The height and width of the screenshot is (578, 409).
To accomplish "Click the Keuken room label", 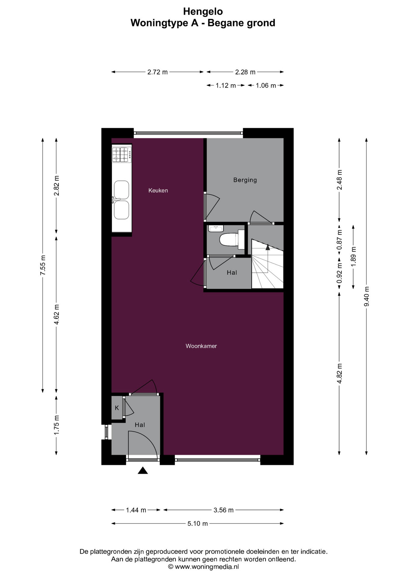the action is (158, 190).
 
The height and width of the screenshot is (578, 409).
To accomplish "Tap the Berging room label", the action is (245, 180).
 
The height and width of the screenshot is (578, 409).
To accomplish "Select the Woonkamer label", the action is (201, 346).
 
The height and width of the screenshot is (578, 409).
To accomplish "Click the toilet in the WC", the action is (232, 240).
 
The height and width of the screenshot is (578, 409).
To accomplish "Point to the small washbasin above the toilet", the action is (216, 228).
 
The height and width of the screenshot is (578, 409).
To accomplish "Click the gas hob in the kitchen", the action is (122, 155).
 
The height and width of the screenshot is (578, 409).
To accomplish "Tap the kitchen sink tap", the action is (115, 199).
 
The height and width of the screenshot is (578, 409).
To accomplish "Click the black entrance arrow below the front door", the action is (143, 470).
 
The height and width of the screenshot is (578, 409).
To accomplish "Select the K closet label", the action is (117, 408).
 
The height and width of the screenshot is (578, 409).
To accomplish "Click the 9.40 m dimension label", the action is (367, 296).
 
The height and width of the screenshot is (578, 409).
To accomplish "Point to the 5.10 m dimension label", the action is (198, 524).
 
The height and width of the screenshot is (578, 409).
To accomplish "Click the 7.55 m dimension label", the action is (43, 265).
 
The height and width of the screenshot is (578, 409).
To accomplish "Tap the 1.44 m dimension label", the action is (136, 510).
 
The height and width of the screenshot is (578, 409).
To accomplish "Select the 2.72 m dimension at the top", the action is (158, 72).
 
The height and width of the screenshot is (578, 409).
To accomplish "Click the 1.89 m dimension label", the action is (354, 256).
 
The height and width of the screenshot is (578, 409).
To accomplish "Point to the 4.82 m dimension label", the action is (339, 373).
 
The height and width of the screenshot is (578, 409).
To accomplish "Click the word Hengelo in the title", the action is (203, 11).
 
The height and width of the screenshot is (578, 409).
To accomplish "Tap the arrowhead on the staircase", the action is (267, 247).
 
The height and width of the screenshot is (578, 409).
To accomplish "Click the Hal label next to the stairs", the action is (232, 272).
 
